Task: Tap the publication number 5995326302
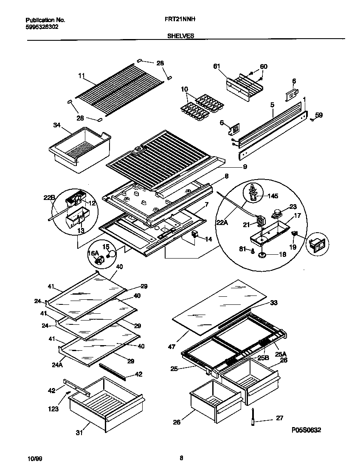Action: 42,26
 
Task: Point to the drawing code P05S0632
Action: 306,430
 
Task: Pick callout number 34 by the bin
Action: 56,125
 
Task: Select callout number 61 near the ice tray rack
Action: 217,66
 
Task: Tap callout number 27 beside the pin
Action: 279,418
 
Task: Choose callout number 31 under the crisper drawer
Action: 79,433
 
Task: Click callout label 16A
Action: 93,253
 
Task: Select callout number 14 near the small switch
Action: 208,239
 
